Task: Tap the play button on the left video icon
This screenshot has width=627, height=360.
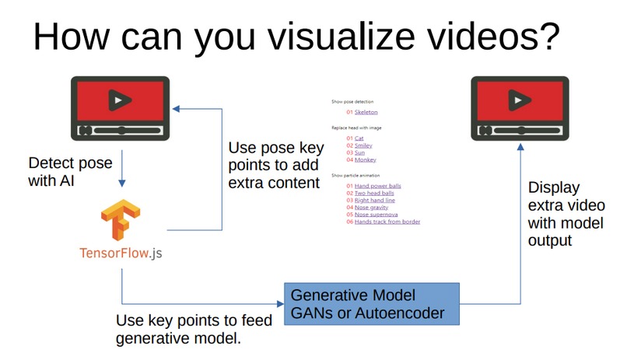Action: click(119, 100)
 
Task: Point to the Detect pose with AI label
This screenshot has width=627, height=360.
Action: click(70, 172)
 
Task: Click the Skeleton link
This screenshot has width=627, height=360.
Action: click(366, 112)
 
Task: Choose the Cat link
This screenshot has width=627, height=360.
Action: click(359, 138)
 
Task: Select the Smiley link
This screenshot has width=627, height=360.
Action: click(364, 145)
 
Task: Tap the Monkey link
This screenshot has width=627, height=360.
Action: click(365, 160)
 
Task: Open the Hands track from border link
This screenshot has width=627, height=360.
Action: click(387, 222)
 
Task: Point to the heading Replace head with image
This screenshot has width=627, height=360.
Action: click(356, 128)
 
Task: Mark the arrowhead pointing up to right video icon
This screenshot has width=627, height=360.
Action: click(520, 147)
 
